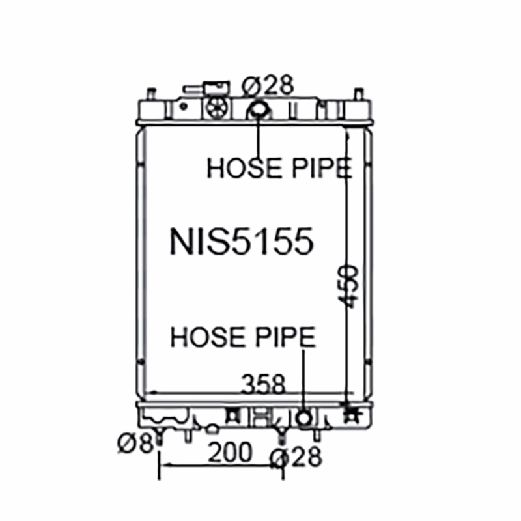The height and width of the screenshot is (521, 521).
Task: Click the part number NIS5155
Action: point(242,241)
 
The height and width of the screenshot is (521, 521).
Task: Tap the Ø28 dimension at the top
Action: point(268,85)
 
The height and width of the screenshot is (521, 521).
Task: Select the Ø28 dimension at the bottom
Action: point(296,458)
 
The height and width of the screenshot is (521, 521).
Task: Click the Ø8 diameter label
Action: point(135,444)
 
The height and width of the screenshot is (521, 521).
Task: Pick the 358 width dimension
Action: point(264,385)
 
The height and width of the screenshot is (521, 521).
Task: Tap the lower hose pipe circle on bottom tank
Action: point(303,417)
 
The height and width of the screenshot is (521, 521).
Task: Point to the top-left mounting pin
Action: point(151,93)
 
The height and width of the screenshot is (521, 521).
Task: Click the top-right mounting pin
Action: point(358,93)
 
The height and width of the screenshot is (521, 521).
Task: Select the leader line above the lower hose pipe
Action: point(304,378)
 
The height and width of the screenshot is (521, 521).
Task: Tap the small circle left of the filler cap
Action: point(184,106)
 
